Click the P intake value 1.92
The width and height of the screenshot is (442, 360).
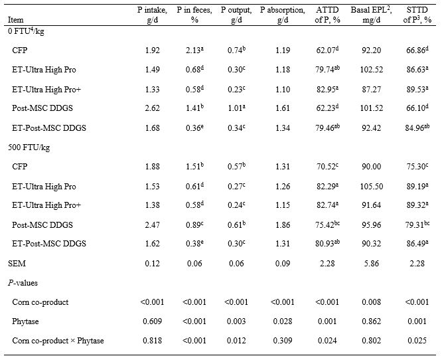point(152,50)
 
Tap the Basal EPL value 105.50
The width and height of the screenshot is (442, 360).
point(356,187)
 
